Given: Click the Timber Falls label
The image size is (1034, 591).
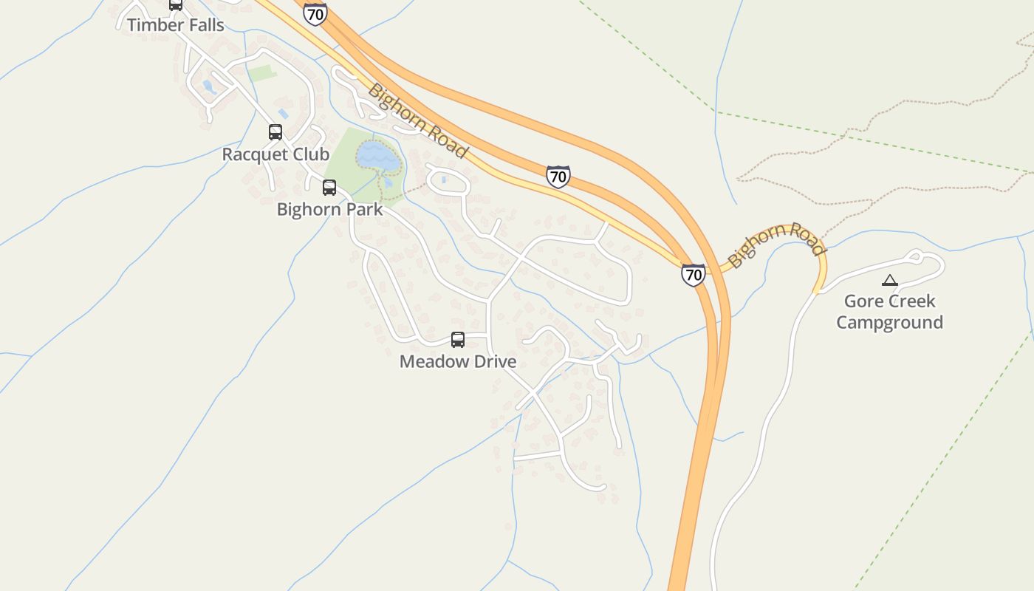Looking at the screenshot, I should click(x=175, y=24).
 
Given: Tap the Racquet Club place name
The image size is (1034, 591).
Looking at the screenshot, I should click(x=275, y=154).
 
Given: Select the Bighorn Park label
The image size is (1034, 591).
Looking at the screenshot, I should click(x=329, y=209).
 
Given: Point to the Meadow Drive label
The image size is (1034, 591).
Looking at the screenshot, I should click(x=457, y=361).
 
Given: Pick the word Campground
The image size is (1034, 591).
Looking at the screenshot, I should click(x=889, y=322).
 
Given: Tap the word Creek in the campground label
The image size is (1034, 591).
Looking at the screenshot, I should click(x=911, y=301).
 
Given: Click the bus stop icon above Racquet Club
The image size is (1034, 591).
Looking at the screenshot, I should click(x=275, y=132).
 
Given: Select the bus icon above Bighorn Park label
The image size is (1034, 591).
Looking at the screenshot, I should click(x=329, y=188).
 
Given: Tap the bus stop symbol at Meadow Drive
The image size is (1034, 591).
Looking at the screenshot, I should click(x=458, y=340).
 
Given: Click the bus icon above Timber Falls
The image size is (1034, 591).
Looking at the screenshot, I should click(x=176, y=4).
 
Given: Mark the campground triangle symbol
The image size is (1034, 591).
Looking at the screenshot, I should click(x=889, y=281).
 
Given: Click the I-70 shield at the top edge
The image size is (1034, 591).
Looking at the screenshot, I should click(x=315, y=13).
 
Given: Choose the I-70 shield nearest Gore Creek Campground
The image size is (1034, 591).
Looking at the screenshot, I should click(x=693, y=275).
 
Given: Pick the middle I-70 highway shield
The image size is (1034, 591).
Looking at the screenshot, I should click(x=558, y=177).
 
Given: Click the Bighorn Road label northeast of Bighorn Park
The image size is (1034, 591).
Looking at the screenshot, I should click(x=417, y=120).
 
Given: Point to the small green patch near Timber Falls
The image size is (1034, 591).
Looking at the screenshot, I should click(x=261, y=73).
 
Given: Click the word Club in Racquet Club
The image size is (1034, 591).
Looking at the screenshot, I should click(x=311, y=154).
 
